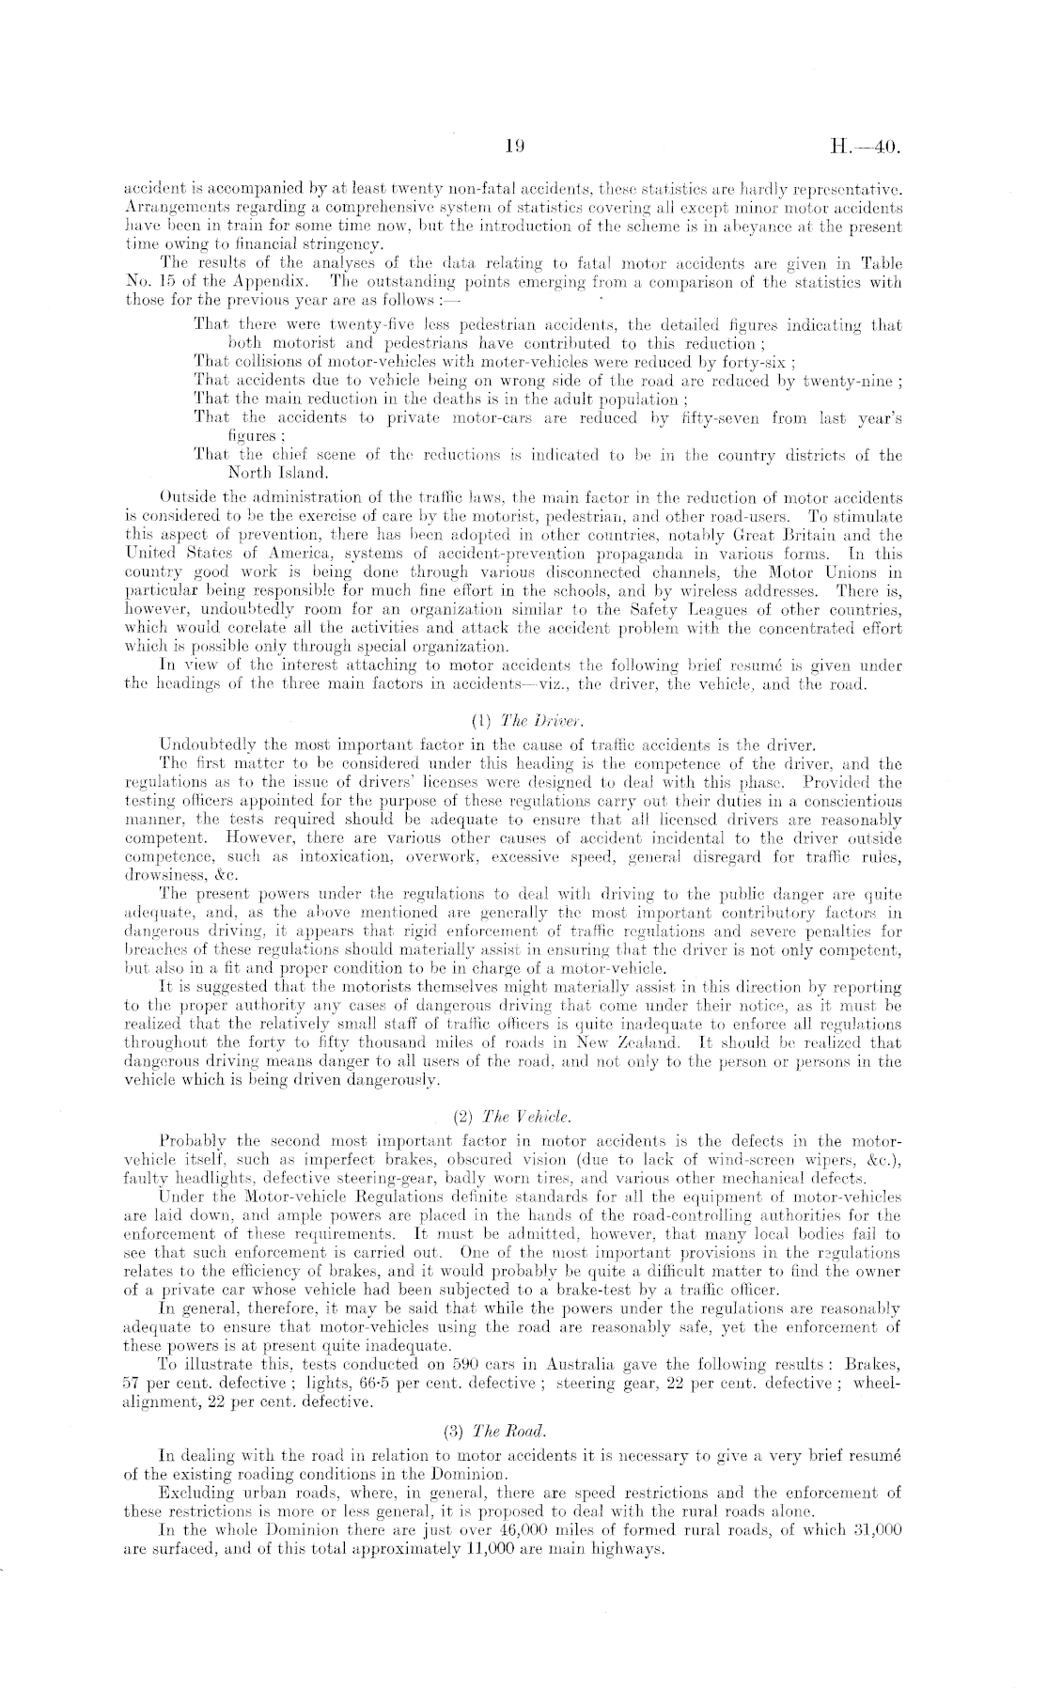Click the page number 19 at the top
[513, 146]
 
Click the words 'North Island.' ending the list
[273, 471]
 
